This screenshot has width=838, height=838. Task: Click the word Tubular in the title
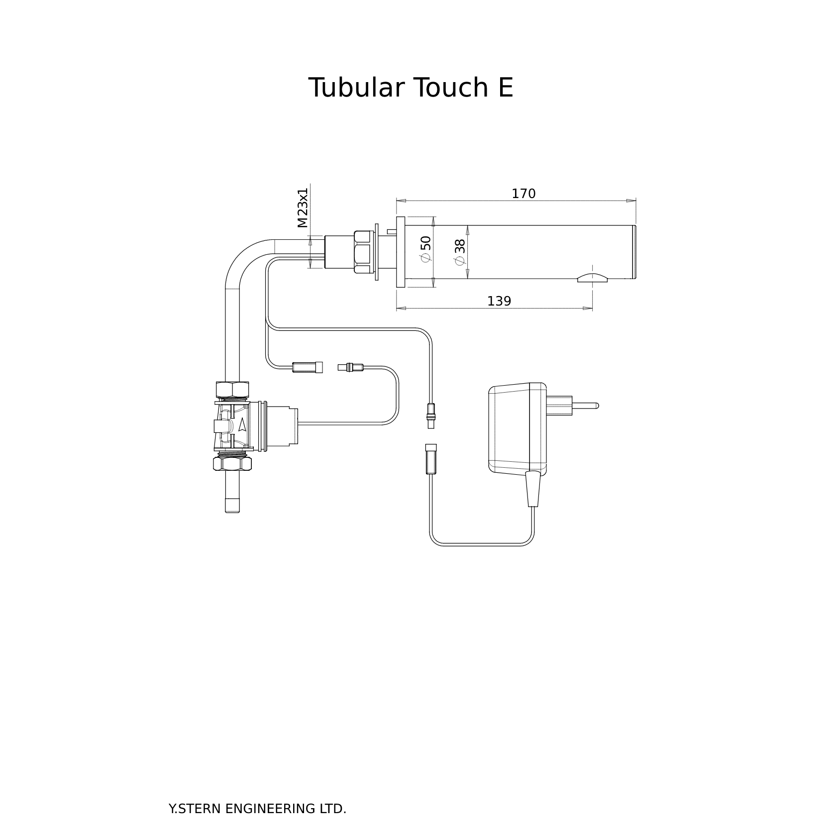(x=357, y=88)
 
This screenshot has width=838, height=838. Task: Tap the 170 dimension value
(x=524, y=194)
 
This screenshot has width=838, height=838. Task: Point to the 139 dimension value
(x=499, y=302)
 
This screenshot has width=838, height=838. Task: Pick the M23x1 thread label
(x=303, y=208)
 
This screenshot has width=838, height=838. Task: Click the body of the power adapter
(x=515, y=428)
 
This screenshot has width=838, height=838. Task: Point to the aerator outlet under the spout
(x=592, y=278)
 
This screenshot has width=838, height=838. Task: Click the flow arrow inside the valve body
(x=242, y=424)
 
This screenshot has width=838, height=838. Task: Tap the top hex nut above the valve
(x=232, y=389)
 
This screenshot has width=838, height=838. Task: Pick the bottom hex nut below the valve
(x=232, y=463)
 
